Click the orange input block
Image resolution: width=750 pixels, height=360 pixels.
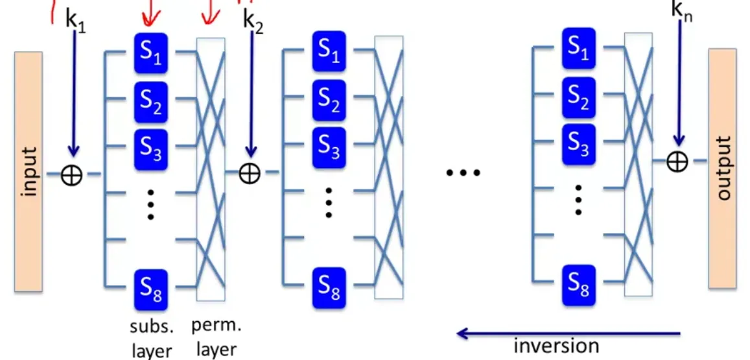coord(27,171)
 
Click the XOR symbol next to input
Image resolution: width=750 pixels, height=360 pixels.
coord(71,174)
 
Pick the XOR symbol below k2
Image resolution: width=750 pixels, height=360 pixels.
coord(249,173)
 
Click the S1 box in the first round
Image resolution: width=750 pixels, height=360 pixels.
coord(151,53)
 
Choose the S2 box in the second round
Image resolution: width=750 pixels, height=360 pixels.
coord(329,100)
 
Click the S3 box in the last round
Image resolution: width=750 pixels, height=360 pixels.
coord(579,143)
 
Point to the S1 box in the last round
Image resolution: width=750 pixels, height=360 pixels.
coord(579,49)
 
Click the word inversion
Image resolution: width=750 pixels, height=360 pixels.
coord(556,345)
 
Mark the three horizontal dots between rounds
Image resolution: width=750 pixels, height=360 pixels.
coord(463,173)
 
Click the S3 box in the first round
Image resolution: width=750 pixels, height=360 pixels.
coord(151,147)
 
